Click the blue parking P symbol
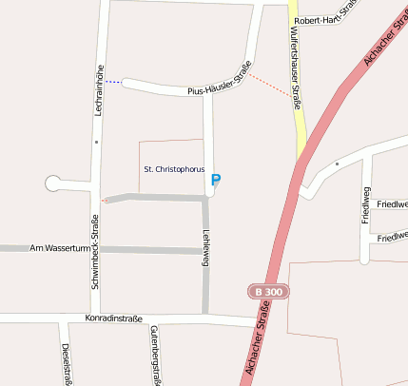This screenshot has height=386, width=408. click(x=216, y=180)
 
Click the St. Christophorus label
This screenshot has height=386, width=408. click(x=173, y=168)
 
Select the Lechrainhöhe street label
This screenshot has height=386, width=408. click(x=99, y=90)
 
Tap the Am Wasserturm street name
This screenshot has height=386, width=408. click(x=59, y=248)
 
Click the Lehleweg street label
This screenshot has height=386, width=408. click(x=205, y=249)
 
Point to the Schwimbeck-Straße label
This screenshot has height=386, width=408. click(x=95, y=252)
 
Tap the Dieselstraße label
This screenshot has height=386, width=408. click(x=67, y=364)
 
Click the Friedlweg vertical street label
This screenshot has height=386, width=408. click(x=365, y=205)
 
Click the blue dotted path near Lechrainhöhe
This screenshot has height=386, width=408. click(x=113, y=82)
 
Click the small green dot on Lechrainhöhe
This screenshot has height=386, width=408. click(x=96, y=143)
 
